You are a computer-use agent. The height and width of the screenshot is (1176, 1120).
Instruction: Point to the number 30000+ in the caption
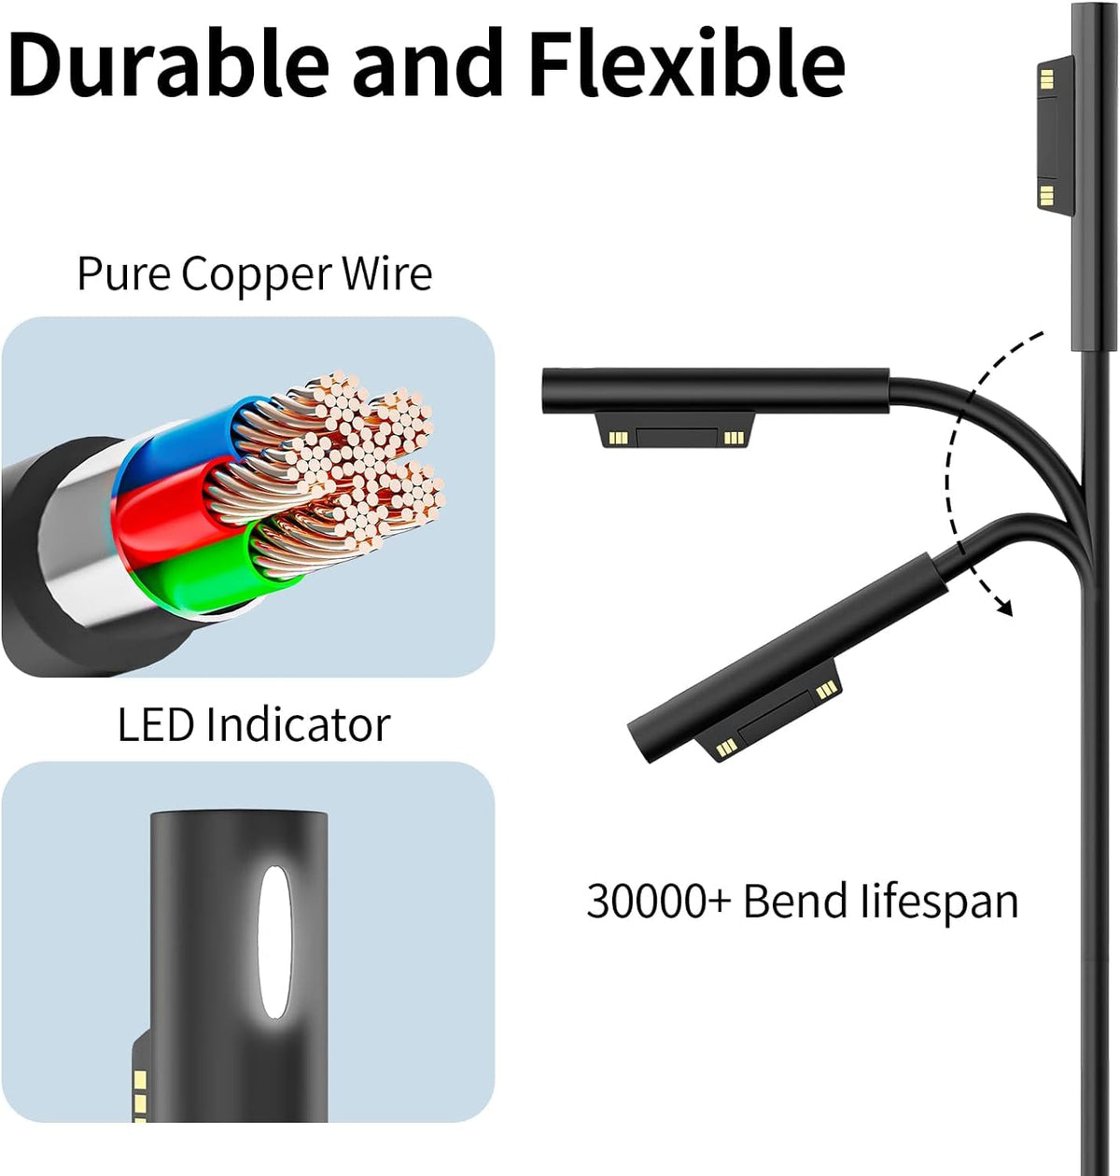659,902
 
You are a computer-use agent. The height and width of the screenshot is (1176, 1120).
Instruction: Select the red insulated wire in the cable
159,509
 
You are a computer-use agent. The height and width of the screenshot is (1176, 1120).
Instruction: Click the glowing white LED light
273,942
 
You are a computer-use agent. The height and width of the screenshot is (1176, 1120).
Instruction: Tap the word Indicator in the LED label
297,725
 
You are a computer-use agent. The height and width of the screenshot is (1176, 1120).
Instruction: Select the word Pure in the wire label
124,274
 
